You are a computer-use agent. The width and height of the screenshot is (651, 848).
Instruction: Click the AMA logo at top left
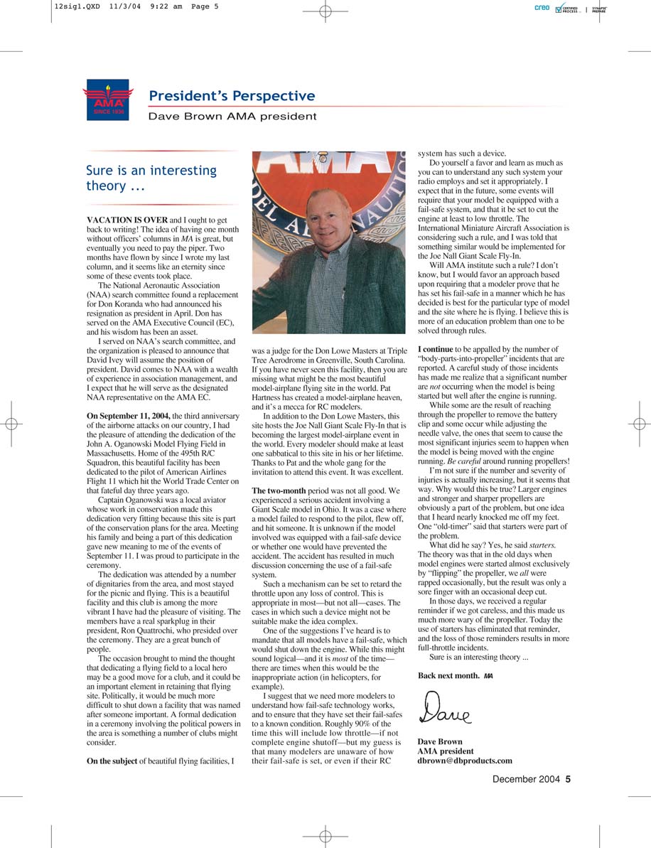point(107,100)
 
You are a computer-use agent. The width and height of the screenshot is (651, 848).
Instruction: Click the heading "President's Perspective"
point(232,96)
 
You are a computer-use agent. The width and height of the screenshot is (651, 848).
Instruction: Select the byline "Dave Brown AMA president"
point(232,116)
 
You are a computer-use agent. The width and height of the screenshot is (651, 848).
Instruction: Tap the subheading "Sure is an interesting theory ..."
point(151,178)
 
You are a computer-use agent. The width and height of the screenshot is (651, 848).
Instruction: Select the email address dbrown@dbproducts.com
point(464,761)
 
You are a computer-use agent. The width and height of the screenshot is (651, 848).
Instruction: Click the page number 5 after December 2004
point(568,779)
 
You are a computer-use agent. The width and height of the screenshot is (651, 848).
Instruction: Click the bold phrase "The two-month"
point(279,490)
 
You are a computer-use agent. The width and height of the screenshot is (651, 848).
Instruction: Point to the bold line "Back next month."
point(448,675)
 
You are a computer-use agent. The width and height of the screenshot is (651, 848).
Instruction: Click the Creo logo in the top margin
point(542,8)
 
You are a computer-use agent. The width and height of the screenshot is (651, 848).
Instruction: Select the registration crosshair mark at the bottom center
point(325,836)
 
